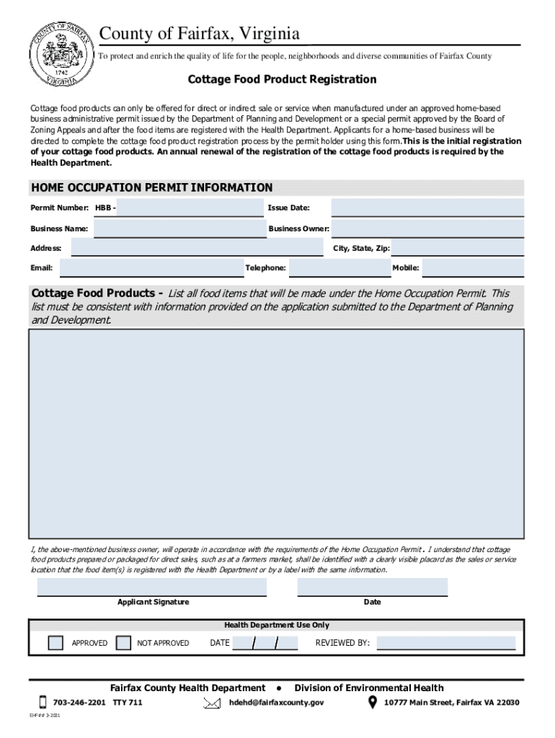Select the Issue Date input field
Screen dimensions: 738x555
tap(427, 208)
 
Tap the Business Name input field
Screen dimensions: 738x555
tap(179, 228)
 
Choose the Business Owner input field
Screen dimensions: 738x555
tap(427, 228)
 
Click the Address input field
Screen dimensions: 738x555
tap(196, 248)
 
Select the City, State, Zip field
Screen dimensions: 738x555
tap(458, 248)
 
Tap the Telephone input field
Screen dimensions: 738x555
tap(339, 268)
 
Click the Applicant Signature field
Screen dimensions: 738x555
tap(152, 587)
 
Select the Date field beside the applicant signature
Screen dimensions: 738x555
tap(372, 587)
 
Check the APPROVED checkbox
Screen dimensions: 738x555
tap(55, 643)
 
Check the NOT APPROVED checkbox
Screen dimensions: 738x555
tap(123, 643)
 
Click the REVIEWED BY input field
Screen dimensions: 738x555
tap(446, 643)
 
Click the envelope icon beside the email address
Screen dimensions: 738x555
tap(212, 703)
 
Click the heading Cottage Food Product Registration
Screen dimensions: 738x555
tap(283, 79)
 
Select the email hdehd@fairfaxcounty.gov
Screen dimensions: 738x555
tap(276, 703)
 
